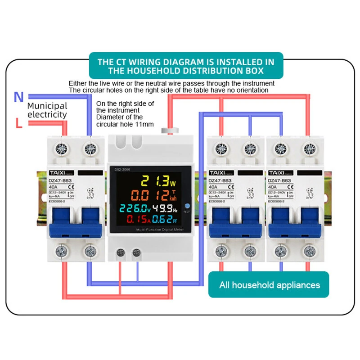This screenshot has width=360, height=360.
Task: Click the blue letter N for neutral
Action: pos(18,97)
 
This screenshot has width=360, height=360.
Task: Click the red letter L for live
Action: pos(18,123)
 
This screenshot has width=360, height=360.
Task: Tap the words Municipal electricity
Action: pos(47,110)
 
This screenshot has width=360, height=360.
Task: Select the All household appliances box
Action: pos(269,285)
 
